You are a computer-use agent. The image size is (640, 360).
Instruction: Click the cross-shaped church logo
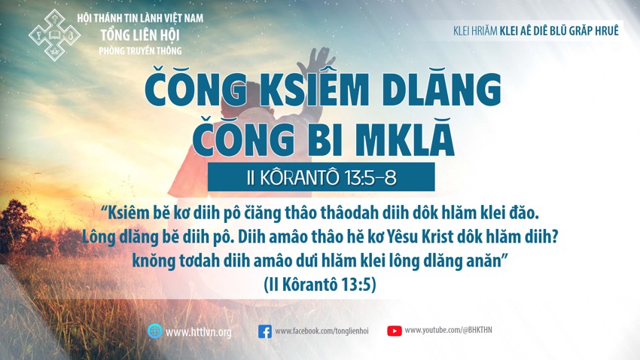[54, 35]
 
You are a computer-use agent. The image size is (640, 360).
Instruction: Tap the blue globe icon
[155, 331]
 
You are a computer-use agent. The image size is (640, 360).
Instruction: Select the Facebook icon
[265, 331]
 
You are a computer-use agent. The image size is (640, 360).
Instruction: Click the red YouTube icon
[395, 331]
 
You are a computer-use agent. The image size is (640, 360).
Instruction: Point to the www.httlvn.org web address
[198, 332]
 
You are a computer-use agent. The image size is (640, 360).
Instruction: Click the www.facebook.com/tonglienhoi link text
[322, 331]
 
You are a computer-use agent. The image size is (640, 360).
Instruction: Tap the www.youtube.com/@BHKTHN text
[448, 330]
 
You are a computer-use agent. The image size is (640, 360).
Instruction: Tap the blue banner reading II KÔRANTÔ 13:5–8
[322, 177]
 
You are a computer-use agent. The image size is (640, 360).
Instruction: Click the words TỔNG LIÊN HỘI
[140, 35]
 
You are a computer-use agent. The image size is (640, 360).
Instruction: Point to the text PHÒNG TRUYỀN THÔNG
[140, 51]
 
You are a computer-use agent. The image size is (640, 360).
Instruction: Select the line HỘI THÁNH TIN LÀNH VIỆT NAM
[140, 18]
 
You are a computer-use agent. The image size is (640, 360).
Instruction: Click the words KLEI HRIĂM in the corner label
[475, 31]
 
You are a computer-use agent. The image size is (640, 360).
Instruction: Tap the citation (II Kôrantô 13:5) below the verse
[319, 284]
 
